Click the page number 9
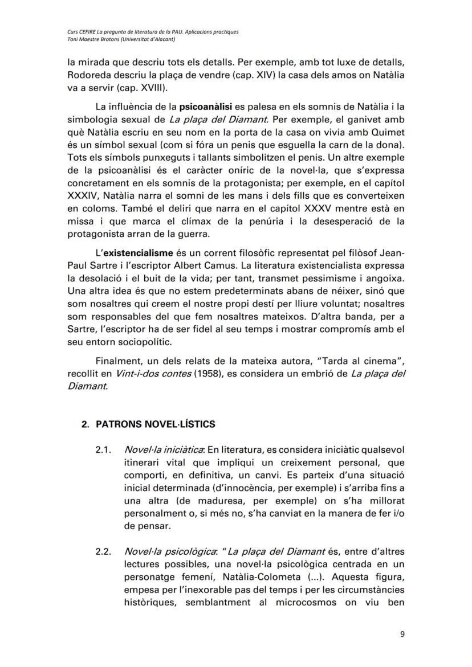(402, 636)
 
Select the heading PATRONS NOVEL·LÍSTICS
(154, 424)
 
